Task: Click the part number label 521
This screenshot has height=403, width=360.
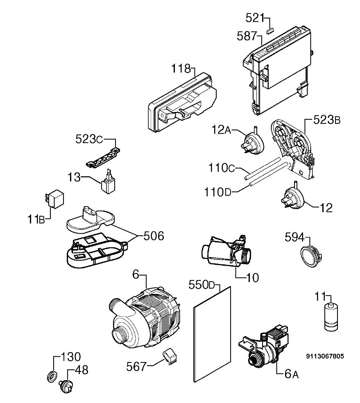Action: [255, 18]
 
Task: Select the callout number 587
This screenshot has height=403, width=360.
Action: [247, 36]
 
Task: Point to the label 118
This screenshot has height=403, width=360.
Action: [181, 68]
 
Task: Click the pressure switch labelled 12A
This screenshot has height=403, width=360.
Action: [252, 143]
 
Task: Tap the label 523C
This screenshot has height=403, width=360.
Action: [89, 139]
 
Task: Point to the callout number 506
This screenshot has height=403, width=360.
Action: [154, 236]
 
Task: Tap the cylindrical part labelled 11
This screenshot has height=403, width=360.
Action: [331, 317]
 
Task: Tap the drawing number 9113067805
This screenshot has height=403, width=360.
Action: [324, 356]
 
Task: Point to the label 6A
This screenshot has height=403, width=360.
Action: [292, 374]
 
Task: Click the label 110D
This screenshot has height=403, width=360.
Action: [218, 192]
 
